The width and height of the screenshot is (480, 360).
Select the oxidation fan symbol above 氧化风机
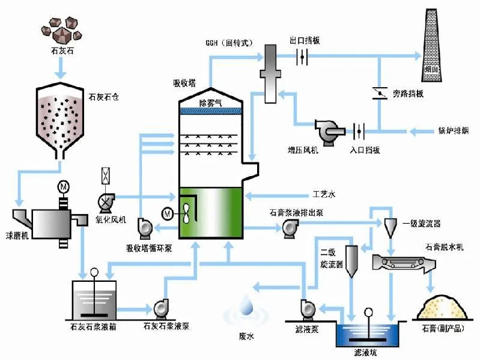click(x=106, y=198)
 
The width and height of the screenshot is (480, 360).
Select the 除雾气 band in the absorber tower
click(x=210, y=103)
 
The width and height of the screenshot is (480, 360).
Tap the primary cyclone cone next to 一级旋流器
click(x=390, y=225)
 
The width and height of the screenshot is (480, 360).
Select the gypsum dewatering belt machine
click(x=403, y=263)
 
